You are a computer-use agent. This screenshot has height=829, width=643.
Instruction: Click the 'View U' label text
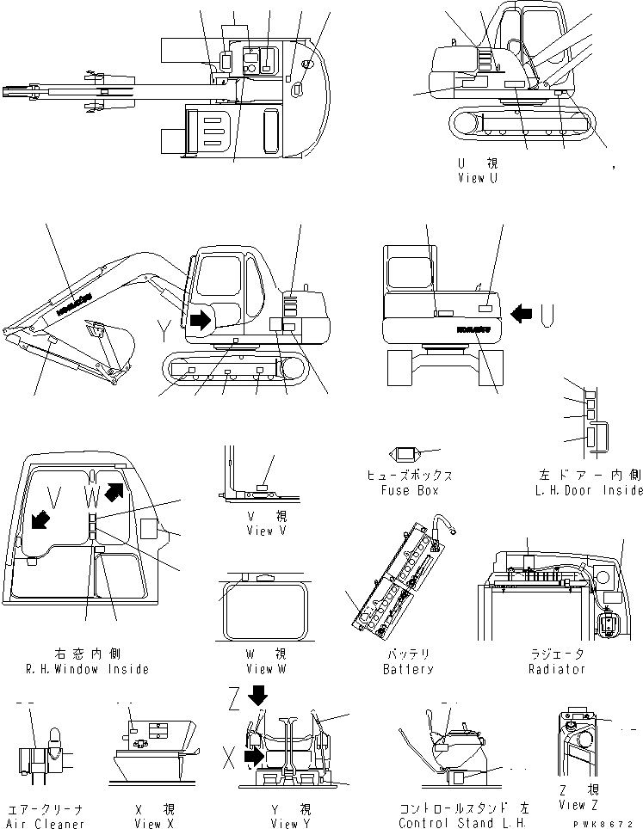pos(477,179)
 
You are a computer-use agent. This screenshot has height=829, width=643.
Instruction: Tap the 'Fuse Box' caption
pos(410,490)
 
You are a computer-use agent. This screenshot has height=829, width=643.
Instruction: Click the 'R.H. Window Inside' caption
pos(87,669)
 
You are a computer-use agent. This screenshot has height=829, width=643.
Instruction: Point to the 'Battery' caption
pos(408,669)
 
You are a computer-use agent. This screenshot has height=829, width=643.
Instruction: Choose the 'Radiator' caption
pos(556,669)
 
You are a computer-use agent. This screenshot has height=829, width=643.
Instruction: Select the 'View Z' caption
pos(578,805)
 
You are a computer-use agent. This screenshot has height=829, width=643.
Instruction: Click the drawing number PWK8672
pos(610,823)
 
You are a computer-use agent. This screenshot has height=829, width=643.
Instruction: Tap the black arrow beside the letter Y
pos(199,321)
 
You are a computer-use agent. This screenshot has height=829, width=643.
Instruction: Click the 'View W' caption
pos(259,669)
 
